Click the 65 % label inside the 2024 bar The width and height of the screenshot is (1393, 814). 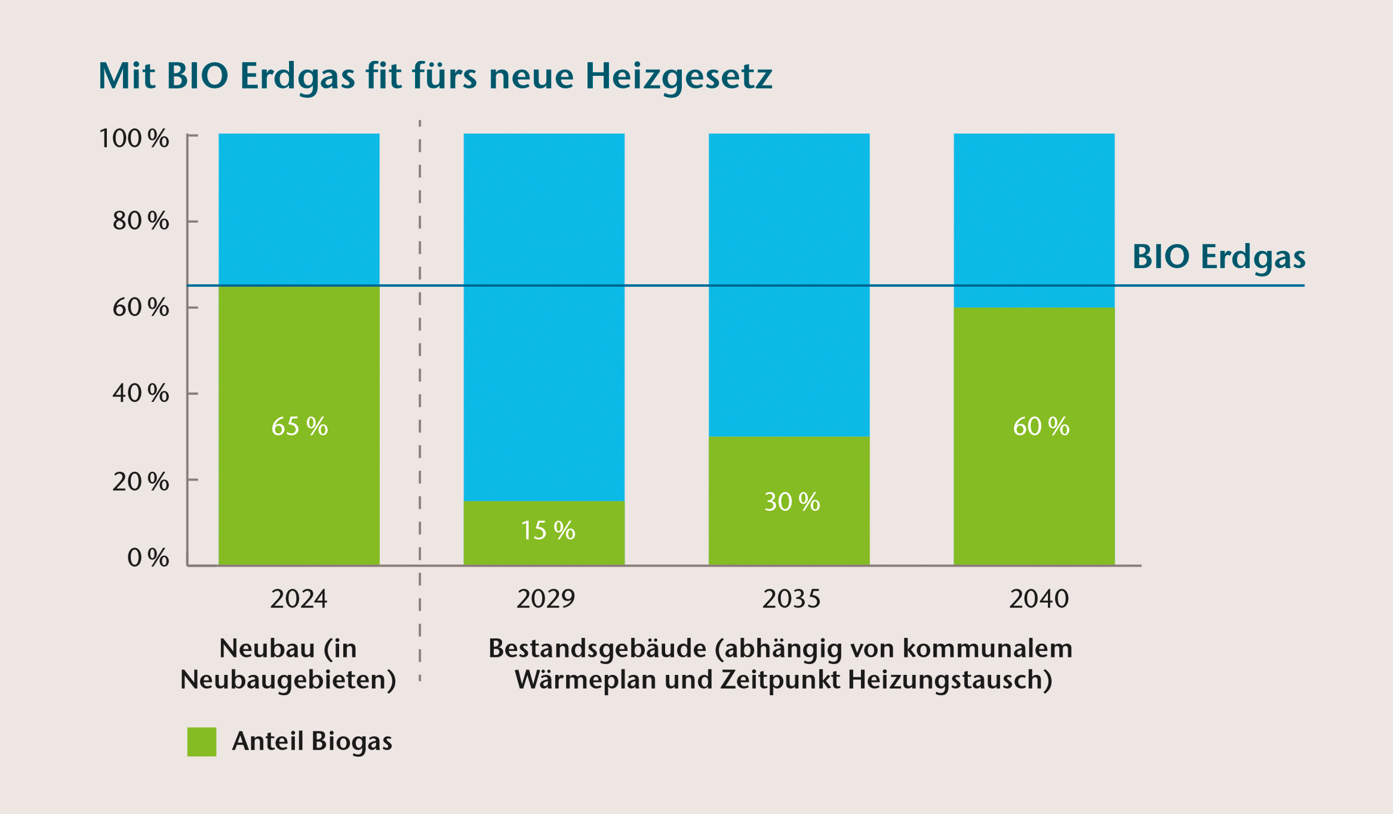(299, 426)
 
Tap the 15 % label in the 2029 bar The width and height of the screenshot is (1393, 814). (548, 530)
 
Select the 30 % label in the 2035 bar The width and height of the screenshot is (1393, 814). (792, 502)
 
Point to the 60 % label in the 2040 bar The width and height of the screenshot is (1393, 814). (1041, 426)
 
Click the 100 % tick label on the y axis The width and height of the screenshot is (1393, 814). (134, 139)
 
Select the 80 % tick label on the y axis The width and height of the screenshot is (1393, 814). (140, 221)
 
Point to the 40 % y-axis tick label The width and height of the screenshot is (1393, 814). (140, 394)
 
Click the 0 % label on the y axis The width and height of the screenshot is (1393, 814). (147, 558)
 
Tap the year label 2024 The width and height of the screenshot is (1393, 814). (299, 599)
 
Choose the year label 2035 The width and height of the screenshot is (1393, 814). (791, 599)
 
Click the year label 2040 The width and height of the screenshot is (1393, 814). (1038, 599)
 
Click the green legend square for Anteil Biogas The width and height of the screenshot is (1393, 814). (202, 742)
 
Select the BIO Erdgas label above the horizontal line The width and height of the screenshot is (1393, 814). (1218, 257)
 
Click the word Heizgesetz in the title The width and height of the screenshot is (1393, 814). (678, 76)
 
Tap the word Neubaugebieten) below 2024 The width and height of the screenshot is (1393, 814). (288, 680)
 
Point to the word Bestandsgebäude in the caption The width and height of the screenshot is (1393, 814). (597, 649)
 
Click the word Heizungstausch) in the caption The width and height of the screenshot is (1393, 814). (949, 680)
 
